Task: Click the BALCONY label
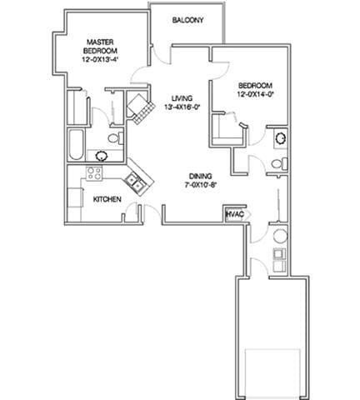(187, 20)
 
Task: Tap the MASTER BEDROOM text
(100, 47)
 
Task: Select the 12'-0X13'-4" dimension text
(100, 59)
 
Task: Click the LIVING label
(182, 98)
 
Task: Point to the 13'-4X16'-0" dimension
(182, 107)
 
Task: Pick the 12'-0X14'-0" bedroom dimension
(256, 94)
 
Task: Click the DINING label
(201, 176)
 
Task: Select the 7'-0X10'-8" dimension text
(201, 185)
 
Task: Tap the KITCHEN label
(107, 199)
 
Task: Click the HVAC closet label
(235, 214)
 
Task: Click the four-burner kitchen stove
(94, 173)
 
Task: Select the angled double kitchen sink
(136, 182)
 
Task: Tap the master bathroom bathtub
(77, 145)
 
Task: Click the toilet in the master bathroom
(115, 138)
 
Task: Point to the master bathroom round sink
(102, 156)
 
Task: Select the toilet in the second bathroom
(279, 163)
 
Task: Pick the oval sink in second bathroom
(281, 137)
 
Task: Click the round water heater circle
(280, 237)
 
